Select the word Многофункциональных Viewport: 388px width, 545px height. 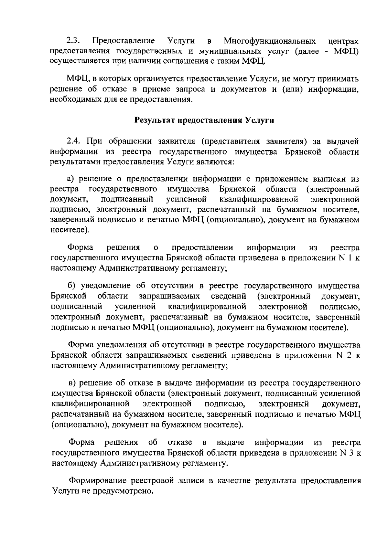pos(270,41)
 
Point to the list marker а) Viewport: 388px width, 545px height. pos(71,179)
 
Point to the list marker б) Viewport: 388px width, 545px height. pos(71,286)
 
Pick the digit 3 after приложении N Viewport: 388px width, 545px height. pos(350,453)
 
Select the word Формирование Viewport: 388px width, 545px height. pos(98,481)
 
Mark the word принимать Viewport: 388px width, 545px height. pos(337,79)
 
